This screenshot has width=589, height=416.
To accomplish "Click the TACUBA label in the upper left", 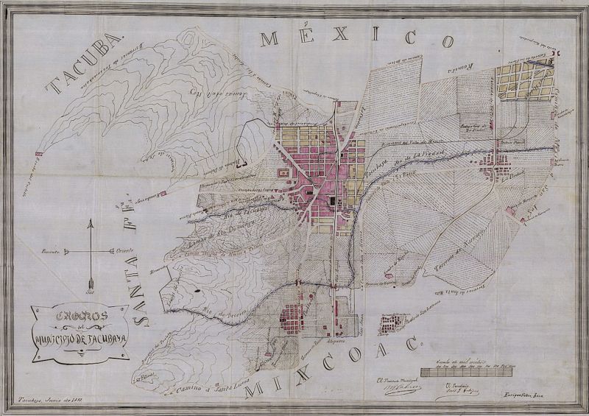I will coord(82,65).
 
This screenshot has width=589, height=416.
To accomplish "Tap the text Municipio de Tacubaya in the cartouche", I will coord(79,340).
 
